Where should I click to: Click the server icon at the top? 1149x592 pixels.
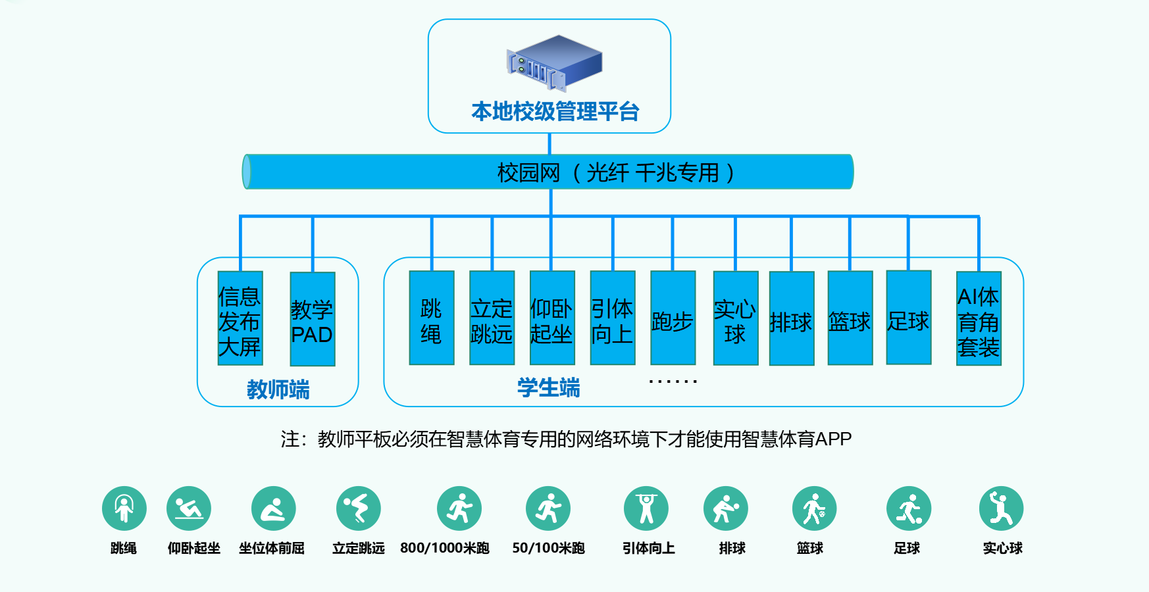(x=554, y=62)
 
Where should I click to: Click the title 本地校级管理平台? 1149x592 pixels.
(x=555, y=112)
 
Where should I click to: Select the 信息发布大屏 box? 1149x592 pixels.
(x=240, y=318)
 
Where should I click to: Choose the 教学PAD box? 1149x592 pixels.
(x=313, y=319)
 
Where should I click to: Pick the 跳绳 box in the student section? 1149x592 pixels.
(x=432, y=318)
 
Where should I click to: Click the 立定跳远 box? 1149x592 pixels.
(x=492, y=318)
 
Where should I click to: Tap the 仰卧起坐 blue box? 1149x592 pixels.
(x=552, y=318)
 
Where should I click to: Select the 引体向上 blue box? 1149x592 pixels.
(x=613, y=318)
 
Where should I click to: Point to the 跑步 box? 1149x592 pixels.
(x=673, y=318)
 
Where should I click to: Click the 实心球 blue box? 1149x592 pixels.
(x=736, y=318)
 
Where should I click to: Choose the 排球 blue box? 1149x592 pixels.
(x=792, y=318)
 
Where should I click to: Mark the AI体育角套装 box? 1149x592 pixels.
(x=979, y=318)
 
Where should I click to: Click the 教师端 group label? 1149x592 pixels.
(x=278, y=389)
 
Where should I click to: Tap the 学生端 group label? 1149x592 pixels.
(x=548, y=388)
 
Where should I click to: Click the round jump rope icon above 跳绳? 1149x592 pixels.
(x=124, y=508)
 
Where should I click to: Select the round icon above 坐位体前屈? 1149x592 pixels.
(x=274, y=508)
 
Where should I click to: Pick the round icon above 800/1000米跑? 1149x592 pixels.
(x=459, y=508)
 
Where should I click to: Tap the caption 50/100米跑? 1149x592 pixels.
(x=548, y=548)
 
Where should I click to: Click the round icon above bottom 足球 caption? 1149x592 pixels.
(x=909, y=508)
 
